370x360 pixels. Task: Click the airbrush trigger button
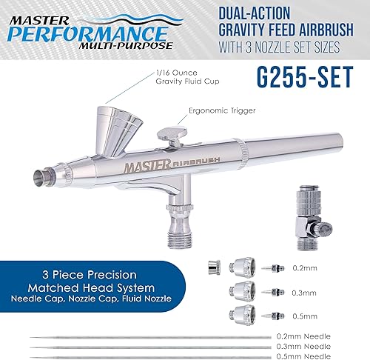point(171,136)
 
